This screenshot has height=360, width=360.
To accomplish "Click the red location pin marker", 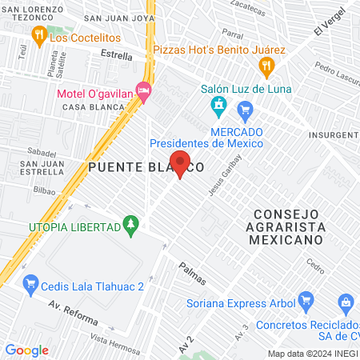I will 182,163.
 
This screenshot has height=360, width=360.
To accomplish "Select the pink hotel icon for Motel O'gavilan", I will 143,92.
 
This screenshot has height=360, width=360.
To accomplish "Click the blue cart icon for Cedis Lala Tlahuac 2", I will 31,282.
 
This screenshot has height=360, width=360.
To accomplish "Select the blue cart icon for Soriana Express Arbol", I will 305,301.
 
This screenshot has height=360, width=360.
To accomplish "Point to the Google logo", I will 26,350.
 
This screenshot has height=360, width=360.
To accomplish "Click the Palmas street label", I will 192,274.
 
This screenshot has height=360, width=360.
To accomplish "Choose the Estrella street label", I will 118,54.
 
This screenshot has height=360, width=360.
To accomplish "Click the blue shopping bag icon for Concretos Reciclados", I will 346,302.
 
